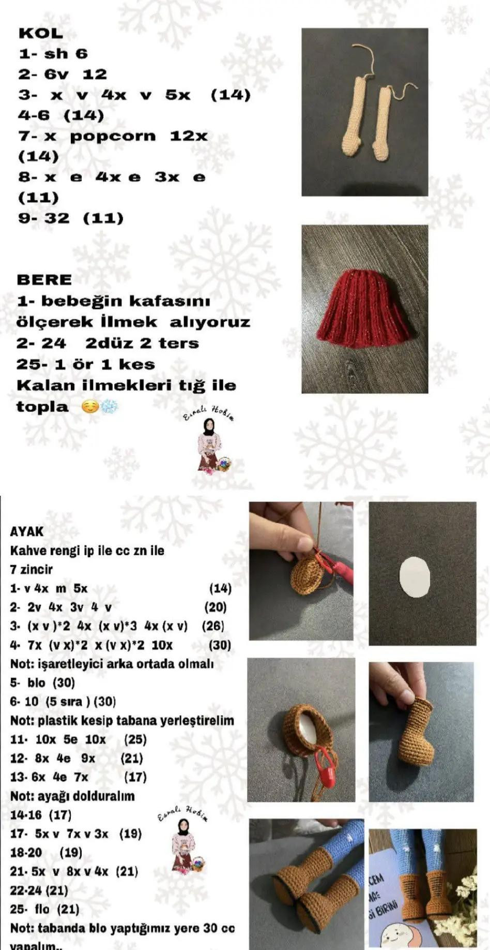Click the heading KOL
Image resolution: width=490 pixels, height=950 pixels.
tap(40, 33)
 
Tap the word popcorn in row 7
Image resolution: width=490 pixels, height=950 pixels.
tap(113, 136)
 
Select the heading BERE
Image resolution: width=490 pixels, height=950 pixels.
tap(44, 280)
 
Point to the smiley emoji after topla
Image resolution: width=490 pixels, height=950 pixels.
tap(90, 407)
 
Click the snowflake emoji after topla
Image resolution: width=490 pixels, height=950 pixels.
tap(109, 407)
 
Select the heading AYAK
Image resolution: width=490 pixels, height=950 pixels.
tap(27, 531)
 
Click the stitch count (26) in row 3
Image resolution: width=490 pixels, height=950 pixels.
tap(213, 626)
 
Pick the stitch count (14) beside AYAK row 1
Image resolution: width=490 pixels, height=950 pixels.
tap(220, 588)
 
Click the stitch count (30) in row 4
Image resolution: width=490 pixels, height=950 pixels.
tap(220, 645)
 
